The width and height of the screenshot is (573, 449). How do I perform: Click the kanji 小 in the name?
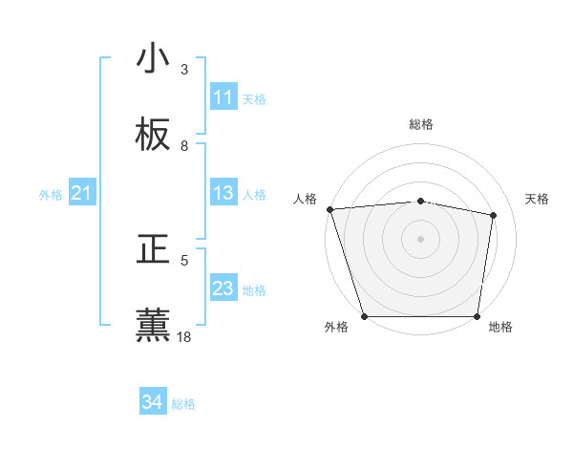pos(154,59)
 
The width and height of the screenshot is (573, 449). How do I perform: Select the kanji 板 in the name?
pos(154,136)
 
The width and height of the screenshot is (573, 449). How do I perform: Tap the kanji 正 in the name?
pos(154,250)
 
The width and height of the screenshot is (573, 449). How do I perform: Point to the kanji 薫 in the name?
pos(154,325)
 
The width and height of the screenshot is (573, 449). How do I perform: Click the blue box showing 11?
pos(223,97)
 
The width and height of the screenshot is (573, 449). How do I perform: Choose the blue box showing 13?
pos(223,193)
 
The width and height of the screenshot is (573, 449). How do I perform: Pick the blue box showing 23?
pos(223,289)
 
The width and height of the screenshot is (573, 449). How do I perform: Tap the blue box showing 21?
pos(82,194)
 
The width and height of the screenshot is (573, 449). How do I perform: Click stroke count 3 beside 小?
pos(184,70)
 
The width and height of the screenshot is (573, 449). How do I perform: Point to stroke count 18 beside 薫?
pos(185,336)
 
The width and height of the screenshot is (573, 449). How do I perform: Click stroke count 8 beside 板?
pos(184,146)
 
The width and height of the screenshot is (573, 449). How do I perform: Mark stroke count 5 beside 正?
pos(184,260)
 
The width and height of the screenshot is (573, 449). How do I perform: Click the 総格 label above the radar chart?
pos(421,124)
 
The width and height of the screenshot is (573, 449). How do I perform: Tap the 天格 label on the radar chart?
pos(537,199)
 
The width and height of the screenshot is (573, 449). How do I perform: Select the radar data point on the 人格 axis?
pos(329,209)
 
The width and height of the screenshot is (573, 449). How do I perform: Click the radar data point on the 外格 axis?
pos(365,316)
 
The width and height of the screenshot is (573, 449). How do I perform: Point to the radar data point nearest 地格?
pos(477,316)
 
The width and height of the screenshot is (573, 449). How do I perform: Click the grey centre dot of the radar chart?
pos(421,239)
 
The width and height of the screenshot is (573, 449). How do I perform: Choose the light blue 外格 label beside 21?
pos(51,195)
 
